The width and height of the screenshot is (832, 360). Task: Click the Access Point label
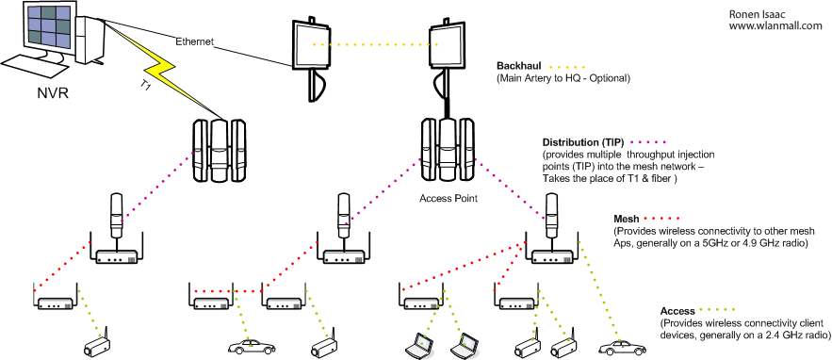[x=449, y=199]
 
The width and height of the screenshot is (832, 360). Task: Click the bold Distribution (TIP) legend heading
[x=582, y=143]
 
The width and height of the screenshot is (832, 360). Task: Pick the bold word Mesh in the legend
[x=627, y=219]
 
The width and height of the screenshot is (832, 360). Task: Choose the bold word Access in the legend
[x=677, y=311]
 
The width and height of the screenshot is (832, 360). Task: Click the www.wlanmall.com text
[x=775, y=25]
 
